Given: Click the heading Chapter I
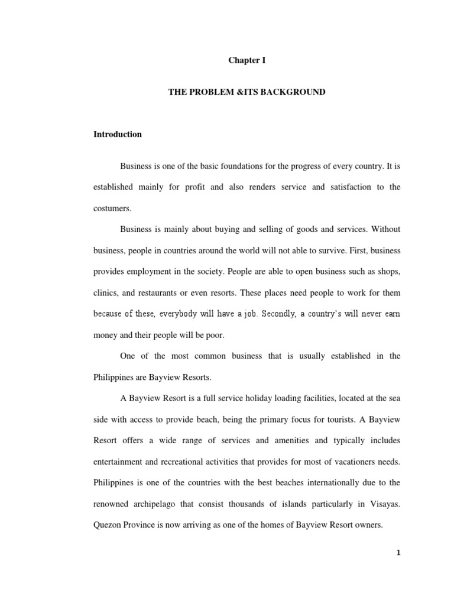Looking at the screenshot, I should (243, 60).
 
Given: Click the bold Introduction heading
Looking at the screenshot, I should (118, 134).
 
